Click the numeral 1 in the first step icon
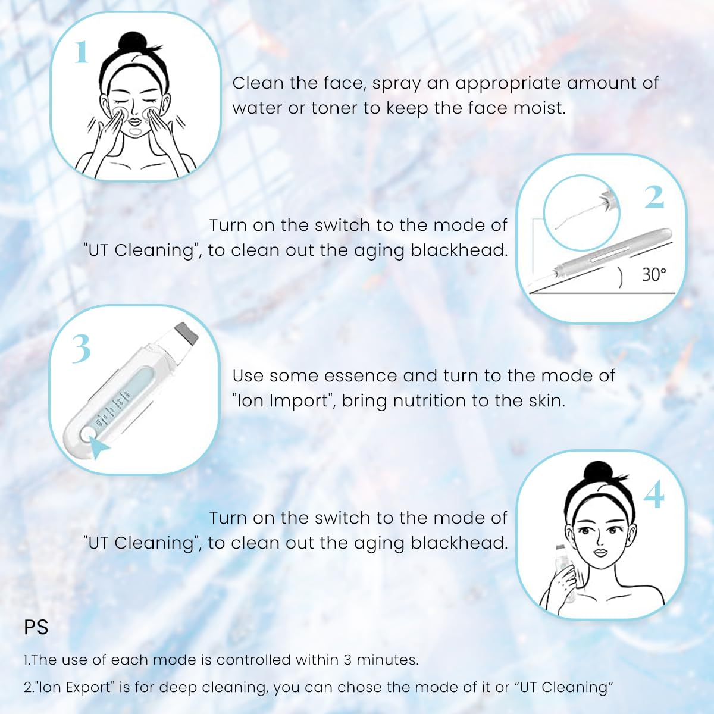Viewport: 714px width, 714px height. pos(82,52)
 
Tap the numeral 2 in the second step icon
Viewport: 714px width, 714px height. pos(654,198)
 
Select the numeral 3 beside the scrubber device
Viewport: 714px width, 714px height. pos(82,349)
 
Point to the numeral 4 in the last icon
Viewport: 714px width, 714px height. pos(654,495)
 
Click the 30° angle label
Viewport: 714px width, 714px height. pos(654,274)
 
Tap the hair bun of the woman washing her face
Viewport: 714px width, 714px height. pos(132,43)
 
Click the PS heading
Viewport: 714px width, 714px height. pos(36,628)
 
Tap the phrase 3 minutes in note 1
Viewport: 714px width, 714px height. pos(381,660)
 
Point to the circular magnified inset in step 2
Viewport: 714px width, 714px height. pos(581,212)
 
